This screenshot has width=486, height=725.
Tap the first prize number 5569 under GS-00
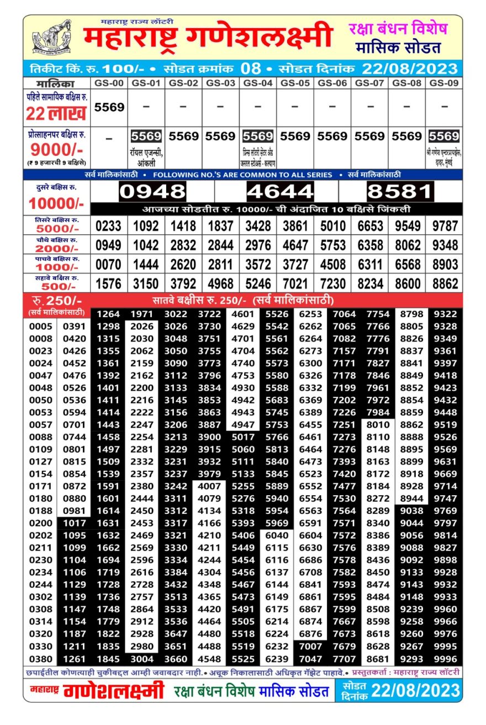[x=109, y=107]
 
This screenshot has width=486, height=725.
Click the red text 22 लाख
[x=56, y=114]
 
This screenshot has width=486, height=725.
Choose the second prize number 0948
[x=152, y=192]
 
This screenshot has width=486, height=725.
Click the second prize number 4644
[x=280, y=192]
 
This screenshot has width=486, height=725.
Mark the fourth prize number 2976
[x=258, y=245]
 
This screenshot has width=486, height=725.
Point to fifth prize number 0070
[x=108, y=265]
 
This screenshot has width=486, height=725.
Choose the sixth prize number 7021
[x=295, y=284]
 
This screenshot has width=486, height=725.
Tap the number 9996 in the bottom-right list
[x=445, y=659]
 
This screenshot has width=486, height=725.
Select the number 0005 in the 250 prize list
[x=41, y=326]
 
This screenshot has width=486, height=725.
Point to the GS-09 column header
[x=444, y=83]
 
